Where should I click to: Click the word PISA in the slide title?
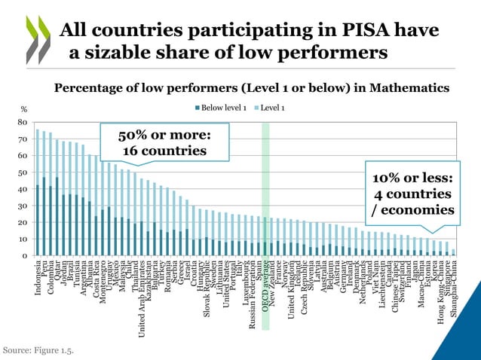tap(342, 31)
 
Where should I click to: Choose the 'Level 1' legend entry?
tap(270, 108)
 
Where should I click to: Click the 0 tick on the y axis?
tap(25, 256)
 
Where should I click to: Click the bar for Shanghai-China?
tap(453, 252)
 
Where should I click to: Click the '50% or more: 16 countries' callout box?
tap(164, 142)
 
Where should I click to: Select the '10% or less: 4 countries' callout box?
tap(412, 193)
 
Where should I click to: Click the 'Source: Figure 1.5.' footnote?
tap(38, 349)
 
